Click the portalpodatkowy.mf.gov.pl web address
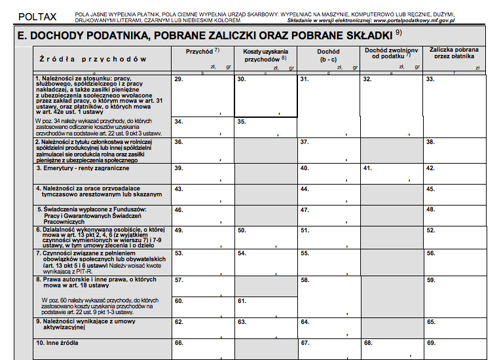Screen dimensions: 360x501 (x=414, y=21)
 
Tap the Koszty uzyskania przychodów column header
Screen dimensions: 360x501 (x=265, y=55)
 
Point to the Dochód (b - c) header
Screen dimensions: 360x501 (x=327, y=55)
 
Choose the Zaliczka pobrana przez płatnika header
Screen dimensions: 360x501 (x=454, y=53)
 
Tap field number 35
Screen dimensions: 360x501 (x=265, y=127)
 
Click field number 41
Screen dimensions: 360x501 (x=391, y=173)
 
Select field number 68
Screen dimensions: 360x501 (x=391, y=348)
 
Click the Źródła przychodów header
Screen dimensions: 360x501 (x=92, y=59)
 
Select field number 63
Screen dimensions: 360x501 (x=265, y=327)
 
